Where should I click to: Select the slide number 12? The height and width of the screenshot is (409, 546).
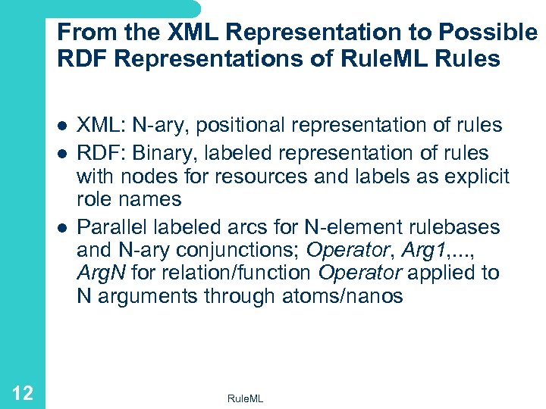coord(23,392)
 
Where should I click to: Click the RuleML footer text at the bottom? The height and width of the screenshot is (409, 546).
coord(246,398)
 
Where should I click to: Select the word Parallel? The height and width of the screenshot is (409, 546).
coord(110,226)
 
